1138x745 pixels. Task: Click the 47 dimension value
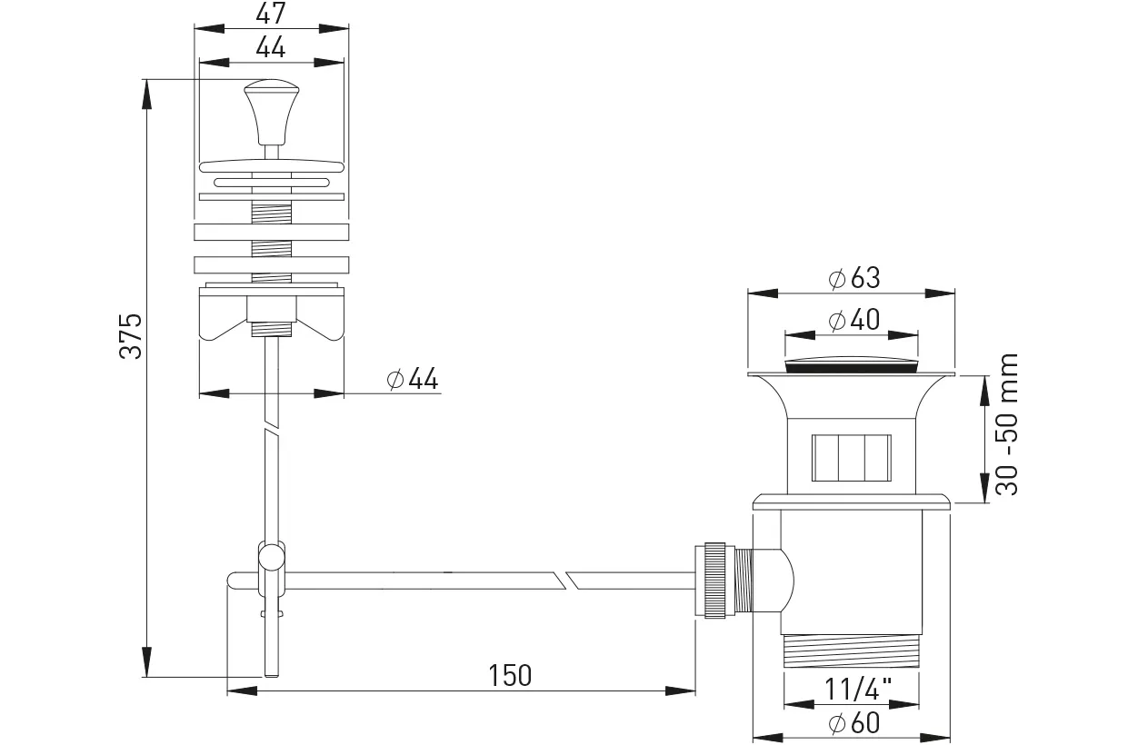(271, 14)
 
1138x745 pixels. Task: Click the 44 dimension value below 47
(271, 47)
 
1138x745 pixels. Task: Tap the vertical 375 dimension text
(131, 336)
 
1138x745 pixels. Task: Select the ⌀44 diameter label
(412, 379)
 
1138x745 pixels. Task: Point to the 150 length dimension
(510, 675)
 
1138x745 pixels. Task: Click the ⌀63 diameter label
(854, 278)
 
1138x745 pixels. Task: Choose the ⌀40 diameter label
(854, 320)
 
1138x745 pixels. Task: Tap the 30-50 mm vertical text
(1006, 424)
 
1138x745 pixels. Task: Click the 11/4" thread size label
(857, 690)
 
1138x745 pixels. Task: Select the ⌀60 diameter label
(854, 723)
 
